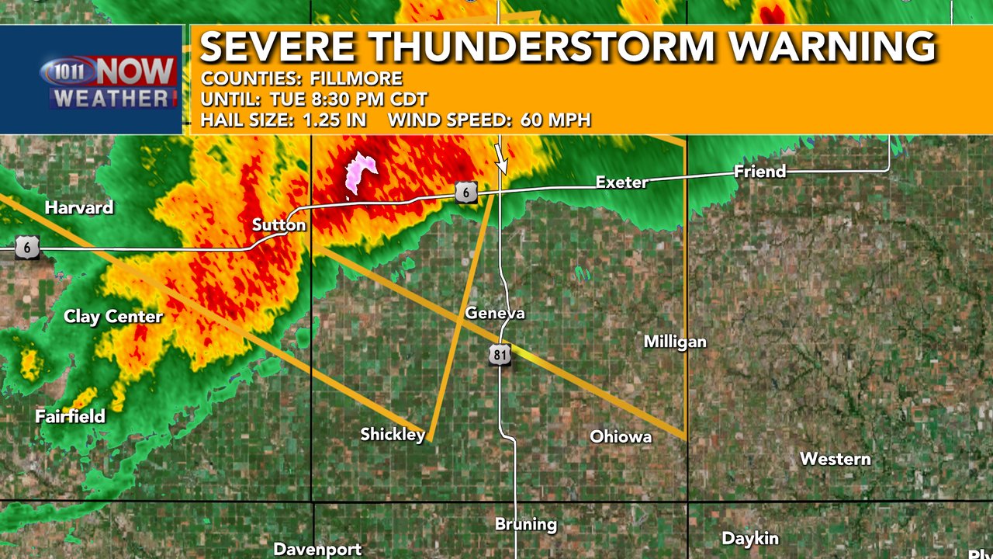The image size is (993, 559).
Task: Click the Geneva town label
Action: click(x=495, y=314)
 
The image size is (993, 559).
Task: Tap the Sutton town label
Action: click(x=279, y=225)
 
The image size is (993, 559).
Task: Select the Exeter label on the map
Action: click(x=621, y=182)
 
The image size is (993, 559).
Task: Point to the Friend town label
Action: click(x=760, y=172)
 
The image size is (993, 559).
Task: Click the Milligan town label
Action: click(x=675, y=342)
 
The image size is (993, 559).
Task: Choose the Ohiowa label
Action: click(x=621, y=436)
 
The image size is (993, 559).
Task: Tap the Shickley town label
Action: click(x=393, y=434)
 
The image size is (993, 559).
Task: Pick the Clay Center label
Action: click(x=113, y=317)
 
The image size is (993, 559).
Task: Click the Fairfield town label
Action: click(x=70, y=416)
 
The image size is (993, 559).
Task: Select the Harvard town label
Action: click(x=79, y=207)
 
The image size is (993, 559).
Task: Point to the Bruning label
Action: click(x=526, y=524)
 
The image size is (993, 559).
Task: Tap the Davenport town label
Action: click(x=317, y=549)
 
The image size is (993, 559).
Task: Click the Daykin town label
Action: click(x=750, y=538)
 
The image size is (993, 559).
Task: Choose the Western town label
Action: click(x=835, y=459)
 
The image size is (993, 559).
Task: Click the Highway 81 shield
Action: click(x=500, y=355)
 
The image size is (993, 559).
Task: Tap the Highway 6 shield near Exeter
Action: click(x=466, y=193)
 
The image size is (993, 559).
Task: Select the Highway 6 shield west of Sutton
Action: click(x=27, y=248)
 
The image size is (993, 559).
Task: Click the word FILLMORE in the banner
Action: click(x=356, y=78)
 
